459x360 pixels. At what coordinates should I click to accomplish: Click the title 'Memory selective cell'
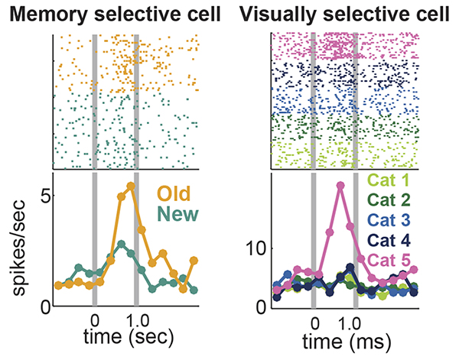pos(112,13)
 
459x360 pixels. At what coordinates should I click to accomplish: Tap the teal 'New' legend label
pos(174,216)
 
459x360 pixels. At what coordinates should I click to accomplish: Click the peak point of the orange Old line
pos(131,186)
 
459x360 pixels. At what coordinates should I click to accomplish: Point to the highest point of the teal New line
pos(121,244)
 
